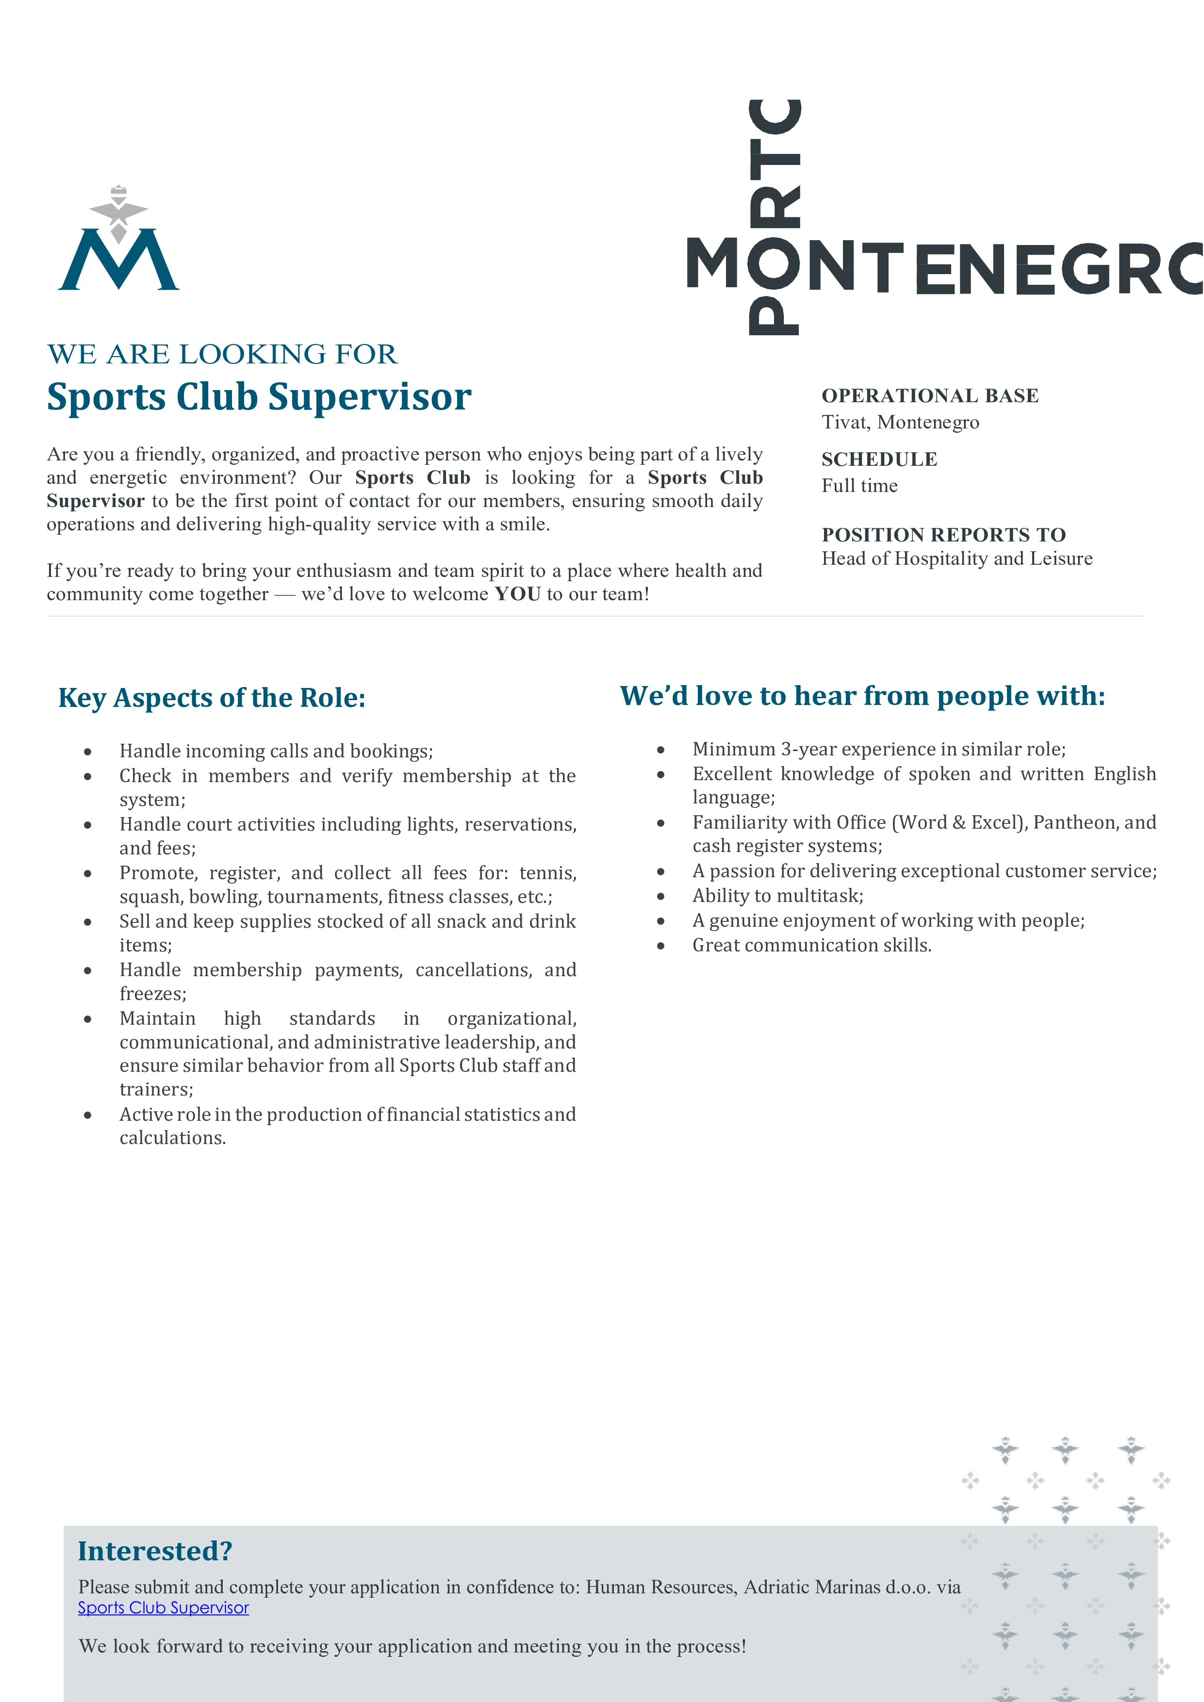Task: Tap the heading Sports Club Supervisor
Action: [259, 396]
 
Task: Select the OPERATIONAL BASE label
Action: [930, 396]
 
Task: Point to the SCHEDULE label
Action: [879, 459]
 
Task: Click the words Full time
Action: [859, 486]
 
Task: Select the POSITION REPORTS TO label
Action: [943, 535]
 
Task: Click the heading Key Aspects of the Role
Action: [212, 698]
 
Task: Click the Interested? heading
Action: [155, 1551]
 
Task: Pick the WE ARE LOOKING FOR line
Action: [222, 354]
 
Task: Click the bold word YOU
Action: [517, 594]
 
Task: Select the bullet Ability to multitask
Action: [778, 896]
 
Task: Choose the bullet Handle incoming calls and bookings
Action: [276, 751]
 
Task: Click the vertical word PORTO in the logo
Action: [775, 215]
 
